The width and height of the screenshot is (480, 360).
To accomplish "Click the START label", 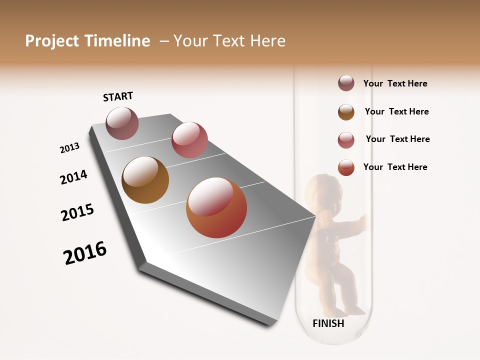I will pos(118,96).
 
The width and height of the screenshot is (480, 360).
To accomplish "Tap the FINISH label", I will pos(328,323).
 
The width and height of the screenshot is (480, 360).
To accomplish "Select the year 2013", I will pos(70,148).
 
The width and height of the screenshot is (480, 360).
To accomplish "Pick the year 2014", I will pos(74,177).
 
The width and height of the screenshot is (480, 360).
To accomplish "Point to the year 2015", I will pos(77,212).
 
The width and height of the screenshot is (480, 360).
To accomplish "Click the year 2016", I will pos(85,253).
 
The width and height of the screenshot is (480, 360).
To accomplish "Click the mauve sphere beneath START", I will pos(122,123).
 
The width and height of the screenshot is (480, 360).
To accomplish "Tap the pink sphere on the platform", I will pos(189,140).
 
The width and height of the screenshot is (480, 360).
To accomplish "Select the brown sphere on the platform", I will pos(145,180).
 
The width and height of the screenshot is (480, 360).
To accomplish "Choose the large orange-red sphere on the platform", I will pos(216,207).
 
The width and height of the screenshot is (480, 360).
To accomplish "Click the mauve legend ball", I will pos(346,83).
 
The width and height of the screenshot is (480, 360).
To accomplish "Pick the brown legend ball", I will pos(346,111).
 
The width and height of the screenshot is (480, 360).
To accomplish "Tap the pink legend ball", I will pos(346,140).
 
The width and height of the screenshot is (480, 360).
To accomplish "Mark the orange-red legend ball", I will pos(346,167).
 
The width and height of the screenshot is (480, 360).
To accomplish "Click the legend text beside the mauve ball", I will pos(395,84).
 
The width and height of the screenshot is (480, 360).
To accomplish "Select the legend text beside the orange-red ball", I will pos(395,167).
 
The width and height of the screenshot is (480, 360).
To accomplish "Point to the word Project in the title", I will pos(52,41).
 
